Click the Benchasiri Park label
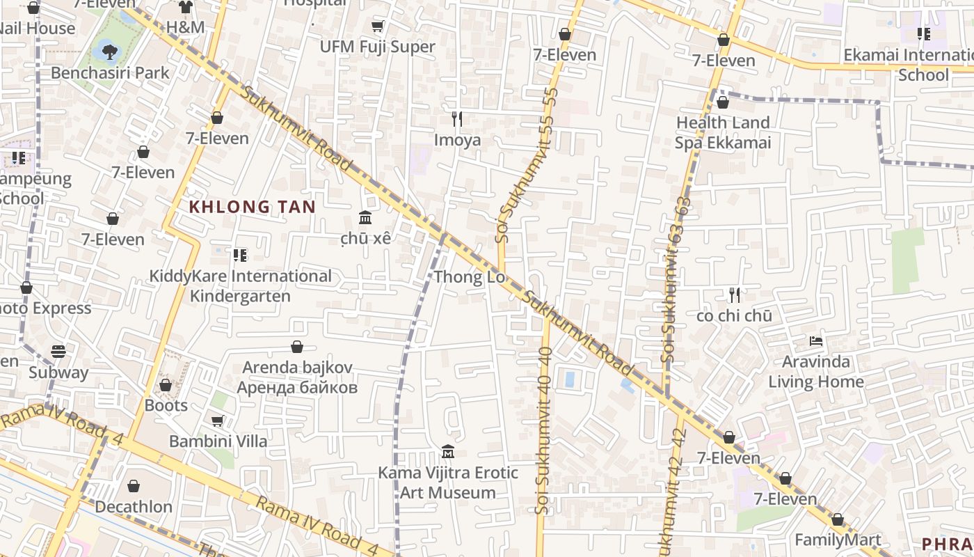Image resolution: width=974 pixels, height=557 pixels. click(x=110, y=72)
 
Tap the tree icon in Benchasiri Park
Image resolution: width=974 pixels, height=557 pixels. click(x=109, y=49)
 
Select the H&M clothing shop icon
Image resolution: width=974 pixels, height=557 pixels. click(x=185, y=8)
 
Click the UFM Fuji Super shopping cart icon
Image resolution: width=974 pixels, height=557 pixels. click(x=377, y=26)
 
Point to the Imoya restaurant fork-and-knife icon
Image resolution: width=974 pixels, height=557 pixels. click(x=457, y=119)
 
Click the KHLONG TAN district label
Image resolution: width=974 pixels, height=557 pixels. click(x=253, y=207)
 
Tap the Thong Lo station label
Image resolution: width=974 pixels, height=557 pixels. click(x=469, y=278)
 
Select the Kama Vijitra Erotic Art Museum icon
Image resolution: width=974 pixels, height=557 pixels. click(x=448, y=452)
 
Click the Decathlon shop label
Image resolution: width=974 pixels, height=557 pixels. click(x=134, y=506)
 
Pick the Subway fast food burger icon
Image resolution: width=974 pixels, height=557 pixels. click(x=58, y=352)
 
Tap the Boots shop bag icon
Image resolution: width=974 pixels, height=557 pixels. click(x=166, y=385)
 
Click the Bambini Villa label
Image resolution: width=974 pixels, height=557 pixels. click(x=218, y=441)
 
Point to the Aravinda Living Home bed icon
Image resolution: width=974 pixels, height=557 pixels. click(x=816, y=341)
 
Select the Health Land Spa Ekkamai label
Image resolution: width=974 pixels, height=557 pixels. click(x=723, y=132)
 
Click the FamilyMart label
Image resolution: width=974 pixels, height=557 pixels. click(x=838, y=540)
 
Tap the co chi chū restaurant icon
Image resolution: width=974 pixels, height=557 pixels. click(x=734, y=295)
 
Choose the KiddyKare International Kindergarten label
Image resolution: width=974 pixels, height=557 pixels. click(x=240, y=285)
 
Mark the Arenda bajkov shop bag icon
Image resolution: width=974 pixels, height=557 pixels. click(x=297, y=347)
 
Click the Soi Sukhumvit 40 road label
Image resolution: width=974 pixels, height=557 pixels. click(x=544, y=432)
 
